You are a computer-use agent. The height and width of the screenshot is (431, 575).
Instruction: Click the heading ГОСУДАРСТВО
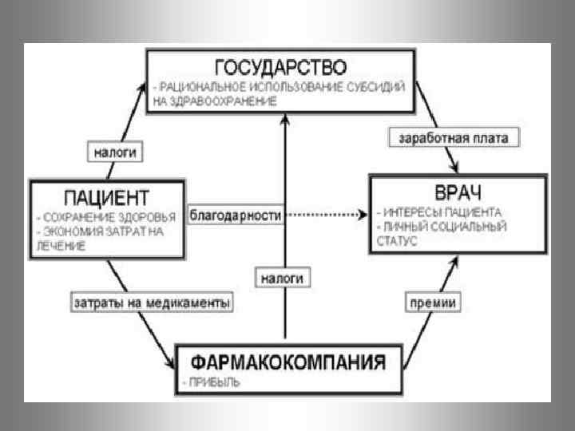click(x=281, y=65)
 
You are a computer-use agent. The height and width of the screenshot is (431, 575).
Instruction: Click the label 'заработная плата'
click(x=454, y=137)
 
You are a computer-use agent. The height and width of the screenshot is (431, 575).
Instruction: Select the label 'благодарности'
click(x=236, y=215)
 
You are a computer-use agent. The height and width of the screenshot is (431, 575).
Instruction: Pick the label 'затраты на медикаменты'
click(x=152, y=303)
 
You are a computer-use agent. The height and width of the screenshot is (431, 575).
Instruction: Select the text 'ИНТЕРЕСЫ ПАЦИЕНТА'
click(x=445, y=213)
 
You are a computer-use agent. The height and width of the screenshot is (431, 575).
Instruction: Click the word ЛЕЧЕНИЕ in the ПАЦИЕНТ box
click(x=60, y=247)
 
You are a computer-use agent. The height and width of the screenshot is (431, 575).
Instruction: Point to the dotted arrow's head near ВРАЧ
click(x=365, y=215)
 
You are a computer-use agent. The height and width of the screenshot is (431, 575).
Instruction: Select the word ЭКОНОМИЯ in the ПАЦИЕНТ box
click(x=65, y=232)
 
